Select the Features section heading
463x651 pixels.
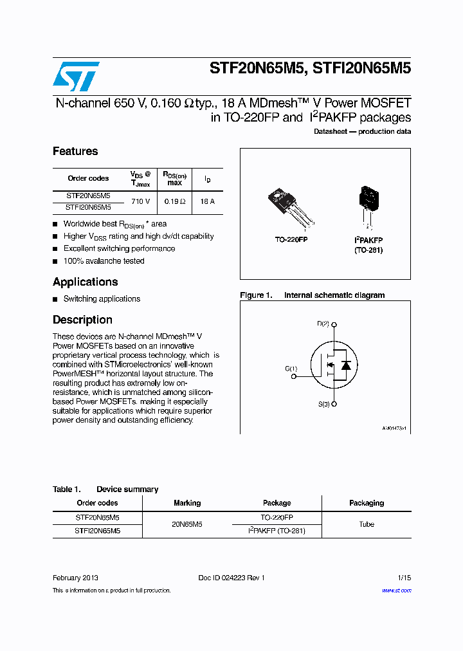point(75,152)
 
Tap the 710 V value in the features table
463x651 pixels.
point(140,201)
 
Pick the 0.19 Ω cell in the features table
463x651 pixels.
point(174,201)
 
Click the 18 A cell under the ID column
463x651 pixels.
point(207,201)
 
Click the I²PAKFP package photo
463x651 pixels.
point(369,205)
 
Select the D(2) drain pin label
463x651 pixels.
point(323,324)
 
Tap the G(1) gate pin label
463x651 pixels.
point(291,369)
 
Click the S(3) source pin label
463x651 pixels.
point(323,404)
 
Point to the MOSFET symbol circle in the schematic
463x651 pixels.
point(334,365)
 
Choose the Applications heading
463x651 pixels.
point(86,282)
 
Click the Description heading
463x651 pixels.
point(82,320)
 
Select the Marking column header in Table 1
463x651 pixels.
point(187,503)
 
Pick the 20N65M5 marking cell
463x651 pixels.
point(187,524)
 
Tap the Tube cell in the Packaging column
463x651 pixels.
point(367,524)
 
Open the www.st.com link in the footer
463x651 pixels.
point(396,591)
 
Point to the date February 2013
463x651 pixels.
point(75,578)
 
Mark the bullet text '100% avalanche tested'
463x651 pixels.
point(104,261)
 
